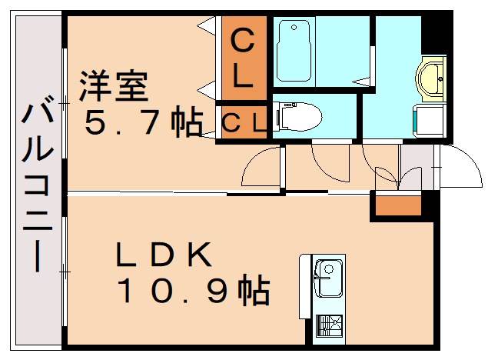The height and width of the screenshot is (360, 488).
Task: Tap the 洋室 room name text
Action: coord(112,86)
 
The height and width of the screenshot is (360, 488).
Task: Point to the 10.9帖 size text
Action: coord(192,292)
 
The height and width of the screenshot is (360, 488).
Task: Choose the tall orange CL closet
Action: coord(242,58)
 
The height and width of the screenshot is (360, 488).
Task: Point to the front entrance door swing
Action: coord(459,165)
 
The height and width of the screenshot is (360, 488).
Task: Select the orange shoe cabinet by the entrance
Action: coord(398,205)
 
